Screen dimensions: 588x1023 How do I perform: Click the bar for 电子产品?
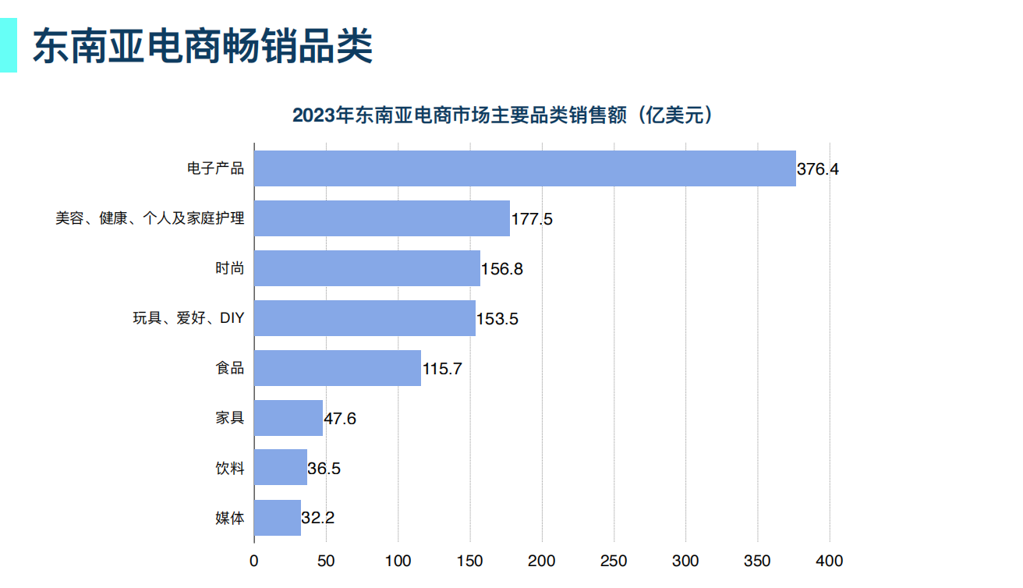click(525, 168)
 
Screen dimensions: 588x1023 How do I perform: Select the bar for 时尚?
click(366, 268)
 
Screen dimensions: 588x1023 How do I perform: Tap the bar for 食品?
click(337, 368)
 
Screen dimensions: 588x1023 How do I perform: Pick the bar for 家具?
click(288, 418)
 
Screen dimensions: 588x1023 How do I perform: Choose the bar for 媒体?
click(277, 518)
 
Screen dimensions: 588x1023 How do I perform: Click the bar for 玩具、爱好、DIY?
click(364, 318)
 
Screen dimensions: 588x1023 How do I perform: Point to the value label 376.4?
click(817, 169)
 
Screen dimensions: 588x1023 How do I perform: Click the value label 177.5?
click(532, 219)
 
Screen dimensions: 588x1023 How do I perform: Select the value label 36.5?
click(324, 469)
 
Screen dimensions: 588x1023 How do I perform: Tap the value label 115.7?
click(442, 369)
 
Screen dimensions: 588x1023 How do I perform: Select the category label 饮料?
click(230, 468)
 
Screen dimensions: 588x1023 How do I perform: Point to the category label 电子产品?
click(216, 168)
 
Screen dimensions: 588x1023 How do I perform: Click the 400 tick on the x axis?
click(830, 561)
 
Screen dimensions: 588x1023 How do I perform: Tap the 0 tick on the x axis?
click(253, 561)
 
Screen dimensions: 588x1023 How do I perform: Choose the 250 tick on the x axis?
click(614, 561)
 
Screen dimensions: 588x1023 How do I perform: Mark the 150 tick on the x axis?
click(469, 561)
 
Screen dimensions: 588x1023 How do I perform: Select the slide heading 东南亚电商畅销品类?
click(202, 46)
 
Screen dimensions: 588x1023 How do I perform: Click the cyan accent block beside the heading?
click(8, 46)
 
